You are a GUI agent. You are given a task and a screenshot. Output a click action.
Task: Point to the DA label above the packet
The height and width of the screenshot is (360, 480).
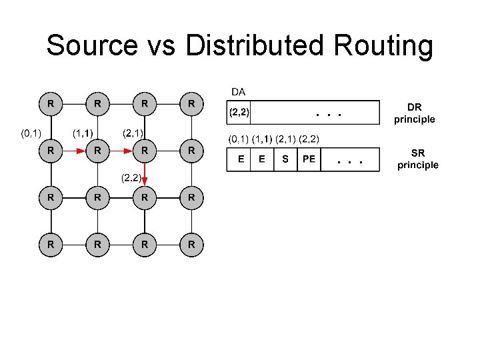click(x=237, y=90)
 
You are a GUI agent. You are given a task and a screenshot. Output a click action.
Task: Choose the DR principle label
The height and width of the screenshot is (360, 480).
click(x=414, y=113)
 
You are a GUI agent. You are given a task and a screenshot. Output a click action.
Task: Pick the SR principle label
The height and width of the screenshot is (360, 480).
click(x=418, y=159)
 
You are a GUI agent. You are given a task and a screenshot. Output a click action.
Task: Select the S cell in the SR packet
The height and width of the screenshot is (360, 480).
click(x=285, y=160)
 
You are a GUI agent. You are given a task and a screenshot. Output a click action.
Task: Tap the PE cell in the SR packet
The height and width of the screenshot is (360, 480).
click(x=309, y=160)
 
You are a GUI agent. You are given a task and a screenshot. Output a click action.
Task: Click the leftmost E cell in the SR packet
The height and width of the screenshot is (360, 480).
click(x=239, y=160)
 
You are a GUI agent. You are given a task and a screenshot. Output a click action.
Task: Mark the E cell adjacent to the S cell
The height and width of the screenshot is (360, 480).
click(x=262, y=160)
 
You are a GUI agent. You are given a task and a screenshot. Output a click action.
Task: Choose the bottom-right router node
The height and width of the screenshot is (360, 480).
click(x=191, y=245)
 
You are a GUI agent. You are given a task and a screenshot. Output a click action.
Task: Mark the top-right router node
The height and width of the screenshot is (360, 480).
click(x=191, y=104)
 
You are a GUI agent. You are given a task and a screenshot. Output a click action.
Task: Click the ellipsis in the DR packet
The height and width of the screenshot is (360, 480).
click(x=329, y=114)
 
